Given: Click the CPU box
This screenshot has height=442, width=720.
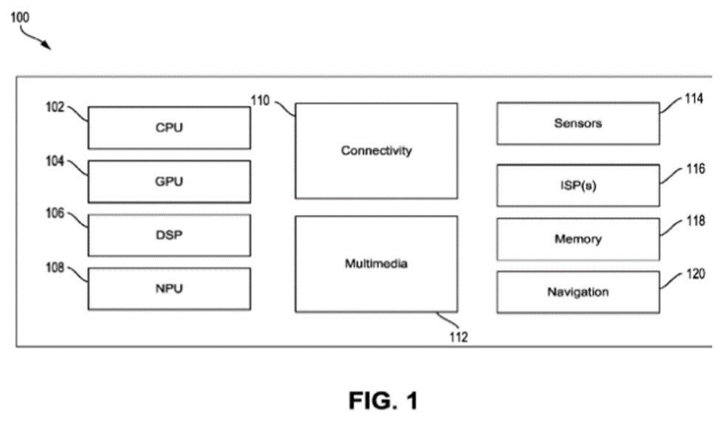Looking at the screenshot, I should pyautogui.click(x=169, y=128).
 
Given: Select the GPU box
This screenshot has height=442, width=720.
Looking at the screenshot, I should pyautogui.click(x=169, y=181).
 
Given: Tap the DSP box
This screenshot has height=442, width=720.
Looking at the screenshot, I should pyautogui.click(x=169, y=235).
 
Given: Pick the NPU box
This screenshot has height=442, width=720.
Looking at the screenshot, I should pyautogui.click(x=169, y=288).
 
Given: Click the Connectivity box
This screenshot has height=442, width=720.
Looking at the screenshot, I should pyautogui.click(x=376, y=151).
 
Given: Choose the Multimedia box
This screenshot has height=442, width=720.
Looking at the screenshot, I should pyautogui.click(x=376, y=263).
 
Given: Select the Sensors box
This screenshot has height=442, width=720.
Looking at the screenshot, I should pyautogui.click(x=577, y=123).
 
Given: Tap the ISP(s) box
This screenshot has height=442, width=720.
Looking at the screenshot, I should pyautogui.click(x=577, y=186).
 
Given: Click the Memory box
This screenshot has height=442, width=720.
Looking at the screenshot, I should pyautogui.click(x=577, y=239).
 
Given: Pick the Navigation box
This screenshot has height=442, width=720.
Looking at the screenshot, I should pyautogui.click(x=577, y=292).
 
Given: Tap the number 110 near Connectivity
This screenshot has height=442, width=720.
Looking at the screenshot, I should pyautogui.click(x=259, y=101).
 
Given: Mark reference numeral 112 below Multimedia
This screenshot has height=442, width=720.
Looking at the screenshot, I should pyautogui.click(x=458, y=337).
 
